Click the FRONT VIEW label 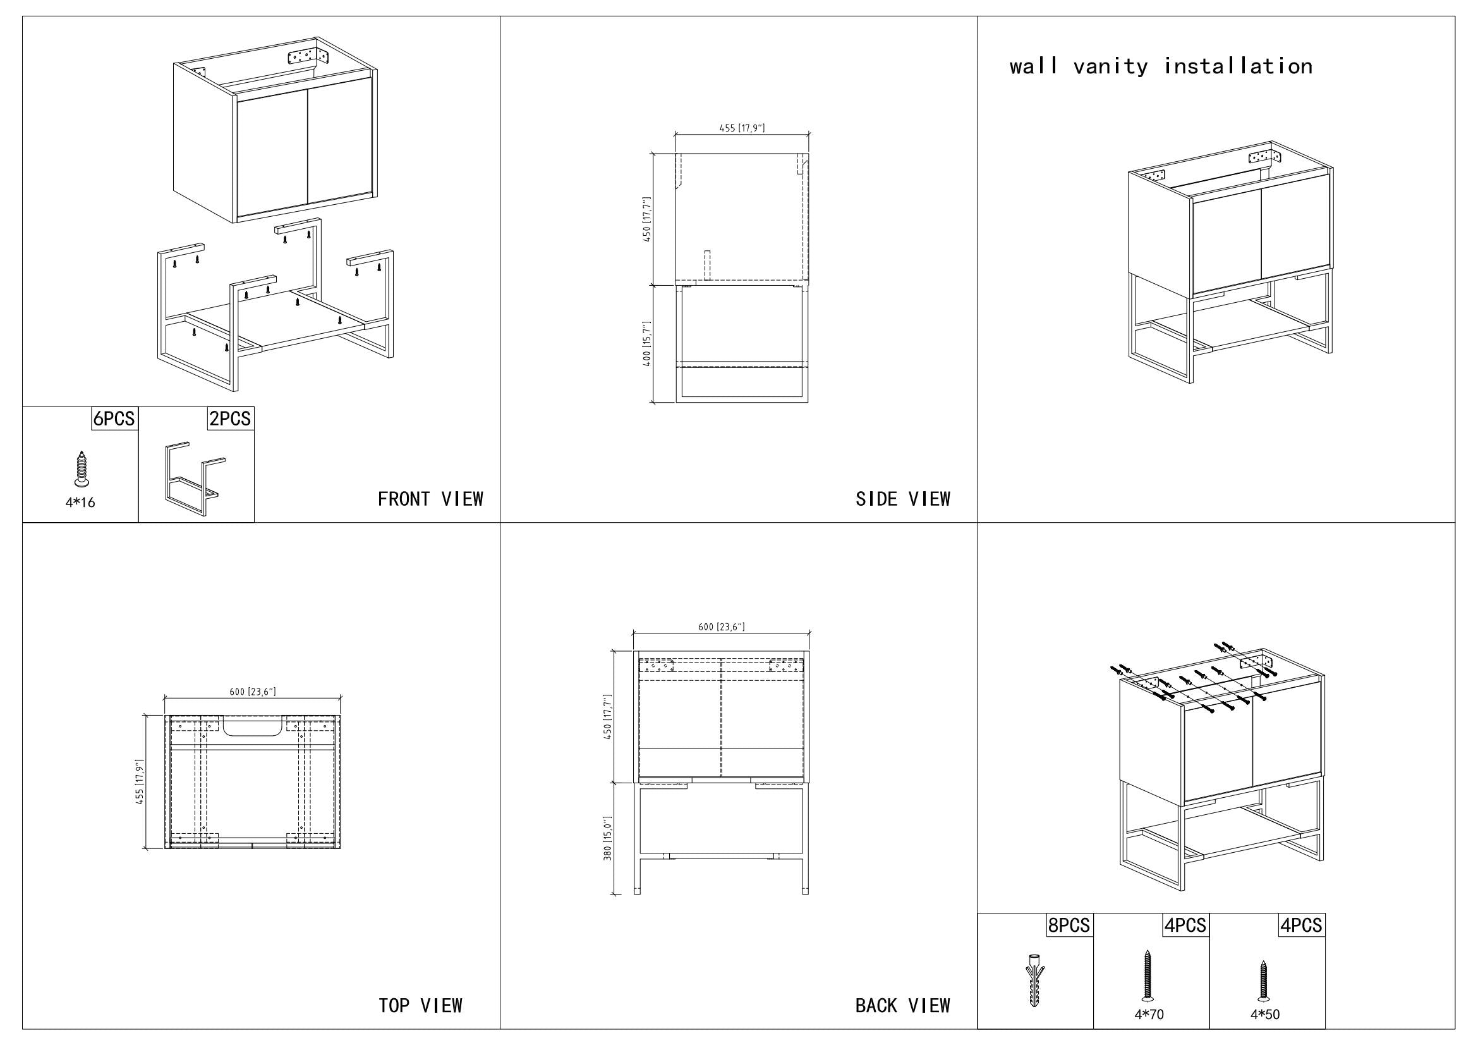coord(430,499)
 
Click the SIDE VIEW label coord(902,499)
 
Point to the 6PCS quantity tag coord(114,419)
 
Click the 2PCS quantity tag coord(230,419)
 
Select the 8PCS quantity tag coord(1069,926)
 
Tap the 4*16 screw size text coord(80,503)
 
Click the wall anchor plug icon coord(1034,981)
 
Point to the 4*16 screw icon coord(80,468)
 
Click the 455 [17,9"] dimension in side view coord(742,128)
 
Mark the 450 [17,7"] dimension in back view coord(607,717)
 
